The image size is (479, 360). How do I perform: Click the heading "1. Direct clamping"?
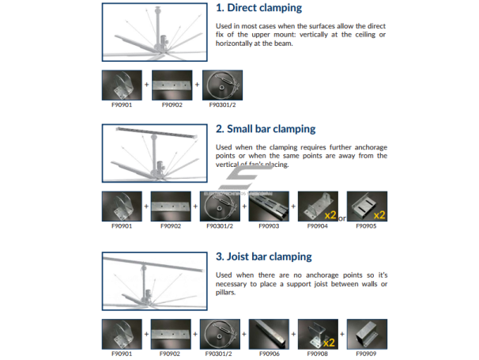tap(258, 8)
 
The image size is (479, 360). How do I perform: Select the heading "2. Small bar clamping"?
tap(266, 129)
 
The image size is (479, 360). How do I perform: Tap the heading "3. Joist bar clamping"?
tap(264, 256)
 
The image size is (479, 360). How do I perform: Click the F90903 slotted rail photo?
tap(269, 207)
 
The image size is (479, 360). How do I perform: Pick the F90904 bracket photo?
tap(318, 207)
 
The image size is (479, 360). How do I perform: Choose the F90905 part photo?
tap(367, 207)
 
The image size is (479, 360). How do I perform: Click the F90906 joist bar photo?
tap(269, 334)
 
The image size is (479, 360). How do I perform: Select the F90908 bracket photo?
tap(318, 334)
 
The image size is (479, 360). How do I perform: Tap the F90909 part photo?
tap(367, 334)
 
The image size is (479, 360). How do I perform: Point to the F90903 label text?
tap(269, 226)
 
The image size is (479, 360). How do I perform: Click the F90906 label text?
tap(269, 354)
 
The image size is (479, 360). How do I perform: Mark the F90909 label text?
tap(366, 354)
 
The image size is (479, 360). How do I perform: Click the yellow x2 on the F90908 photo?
tap(329, 343)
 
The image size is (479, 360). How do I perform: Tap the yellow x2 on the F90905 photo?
tap(379, 215)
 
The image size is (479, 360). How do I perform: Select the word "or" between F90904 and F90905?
tap(342, 218)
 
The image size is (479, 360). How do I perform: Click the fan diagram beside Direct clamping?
tap(155, 32)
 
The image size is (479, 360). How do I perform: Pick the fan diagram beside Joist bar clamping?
tap(155, 281)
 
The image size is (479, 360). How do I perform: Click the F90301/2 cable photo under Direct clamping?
tap(222, 85)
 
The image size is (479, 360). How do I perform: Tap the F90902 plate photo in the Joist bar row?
tap(171, 334)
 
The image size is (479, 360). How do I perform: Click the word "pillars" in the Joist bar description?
tap(225, 293)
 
